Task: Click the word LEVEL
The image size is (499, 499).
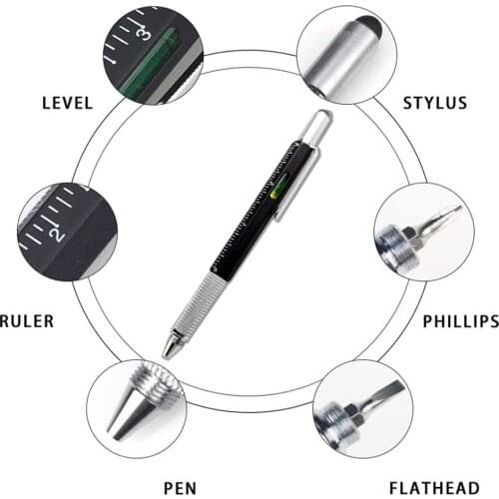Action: (67, 103)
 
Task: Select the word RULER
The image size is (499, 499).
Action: (28, 321)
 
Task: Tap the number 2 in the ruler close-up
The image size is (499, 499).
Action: (57, 235)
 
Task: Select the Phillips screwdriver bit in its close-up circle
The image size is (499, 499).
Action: (439, 219)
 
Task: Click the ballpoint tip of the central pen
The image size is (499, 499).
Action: (167, 350)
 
